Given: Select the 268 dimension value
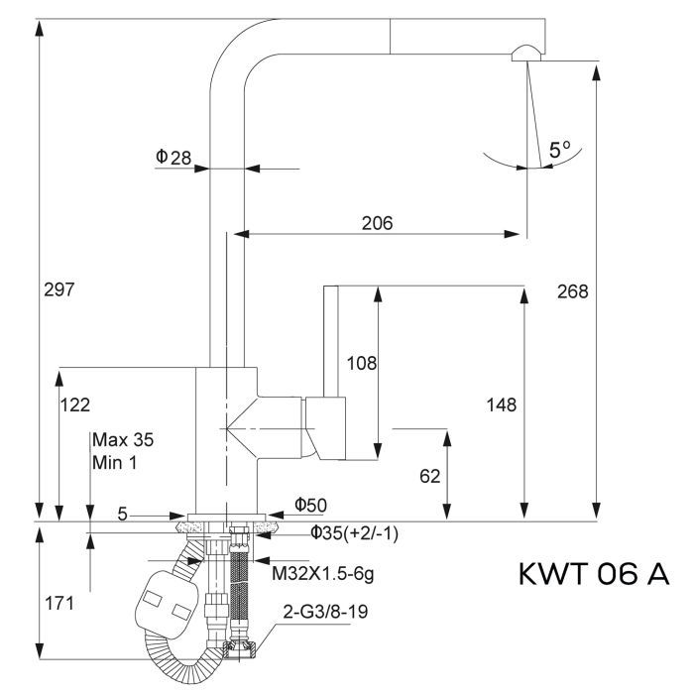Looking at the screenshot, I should click(x=572, y=290).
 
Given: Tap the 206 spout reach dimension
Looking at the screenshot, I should click(x=377, y=223).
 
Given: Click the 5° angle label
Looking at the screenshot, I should click(x=560, y=151).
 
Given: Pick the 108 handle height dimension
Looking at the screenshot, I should click(x=361, y=364).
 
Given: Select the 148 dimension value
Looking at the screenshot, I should click(x=503, y=405).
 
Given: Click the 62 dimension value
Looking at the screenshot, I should click(x=430, y=477).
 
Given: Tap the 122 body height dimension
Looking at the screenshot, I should click(x=75, y=405).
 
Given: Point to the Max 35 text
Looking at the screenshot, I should click(x=123, y=439).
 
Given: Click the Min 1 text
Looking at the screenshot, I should click(x=116, y=461).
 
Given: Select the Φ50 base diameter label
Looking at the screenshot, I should click(x=310, y=504).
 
